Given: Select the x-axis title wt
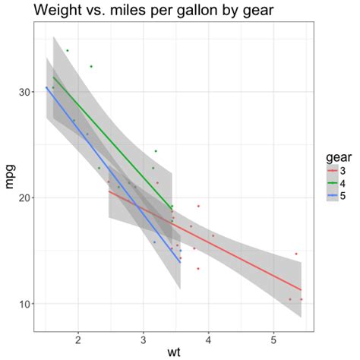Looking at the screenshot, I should point(175,351).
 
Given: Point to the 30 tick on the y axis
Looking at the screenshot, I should point(23,92).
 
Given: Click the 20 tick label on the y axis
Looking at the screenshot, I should point(23,197).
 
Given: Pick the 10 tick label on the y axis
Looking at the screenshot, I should point(23,304).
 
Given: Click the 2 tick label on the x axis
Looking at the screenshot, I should point(78,337).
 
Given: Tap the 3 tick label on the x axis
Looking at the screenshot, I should point(143,337).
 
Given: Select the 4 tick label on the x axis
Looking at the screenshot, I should point(208,337).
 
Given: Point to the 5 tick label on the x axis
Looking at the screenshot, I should point(273,337).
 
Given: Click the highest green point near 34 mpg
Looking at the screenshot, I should point(67,51).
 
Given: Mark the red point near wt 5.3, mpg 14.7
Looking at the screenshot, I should point(296,254).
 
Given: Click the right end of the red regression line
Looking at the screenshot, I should point(302,290).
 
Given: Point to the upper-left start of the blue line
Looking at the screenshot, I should point(46,87).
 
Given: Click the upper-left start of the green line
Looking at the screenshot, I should point(53,77).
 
